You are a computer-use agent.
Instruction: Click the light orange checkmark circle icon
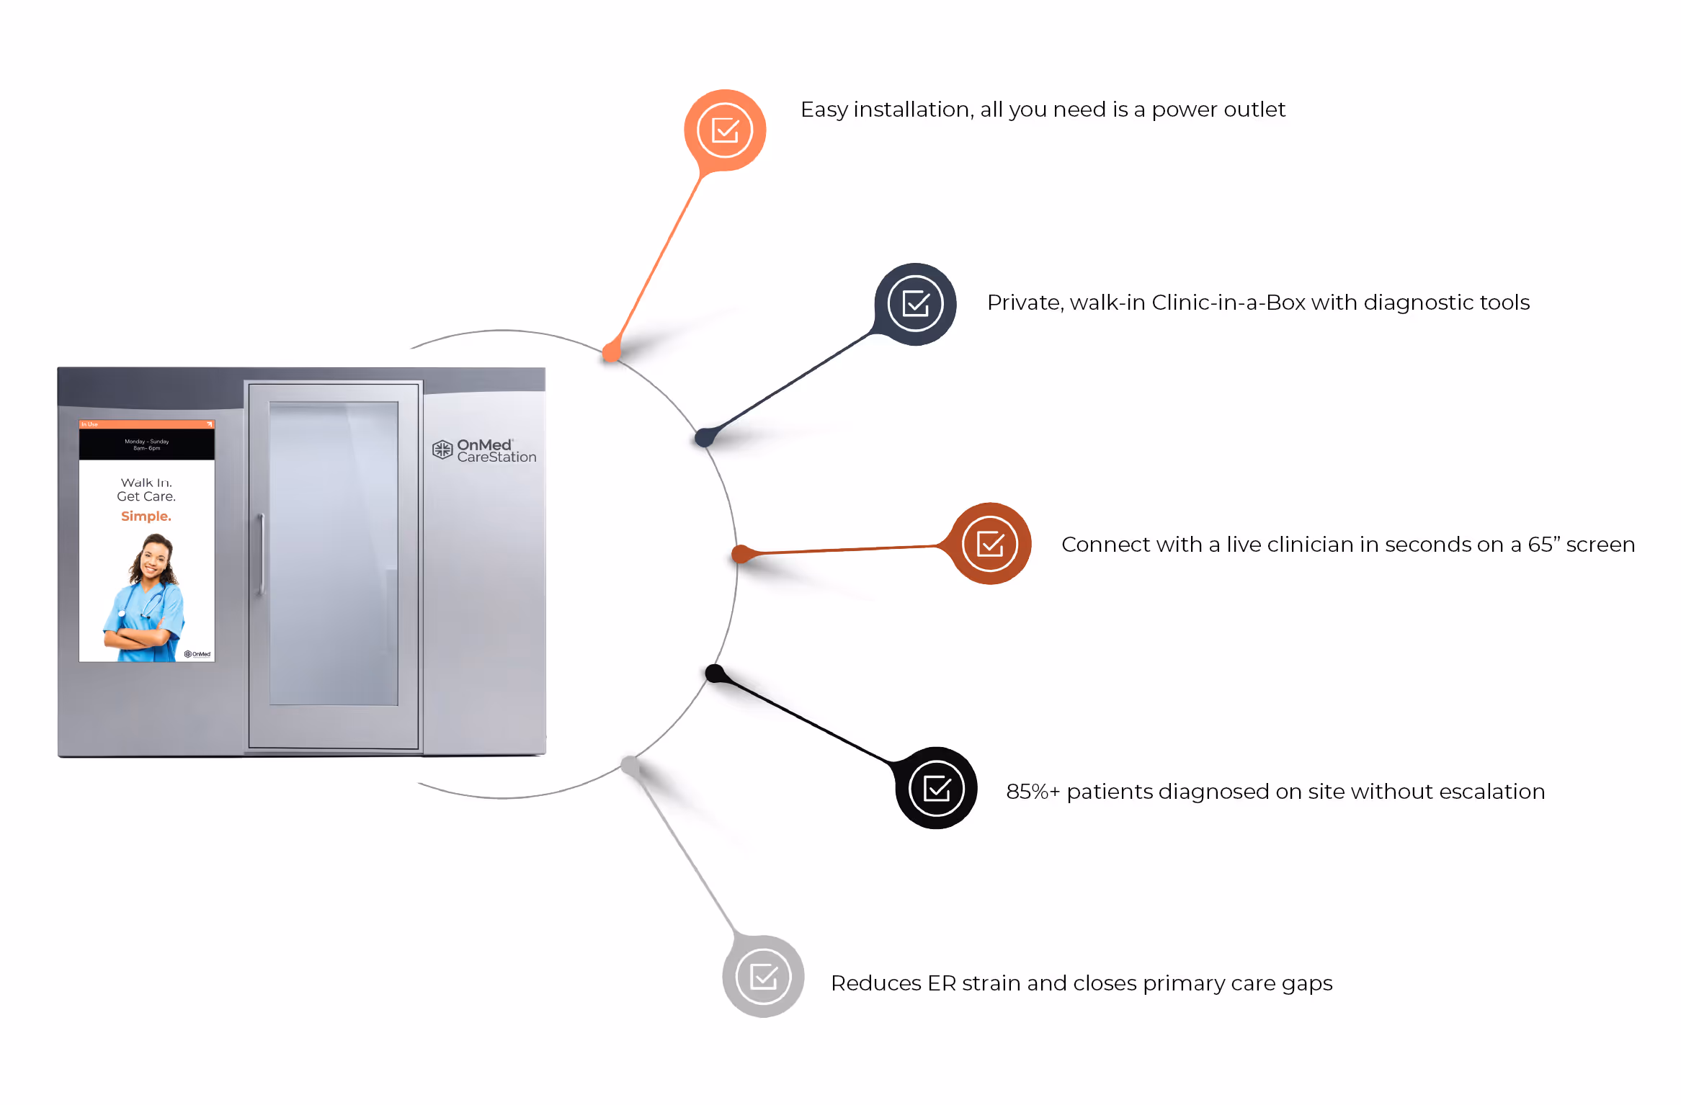pyautogui.click(x=725, y=130)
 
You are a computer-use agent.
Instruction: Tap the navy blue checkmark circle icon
pyautogui.click(x=915, y=304)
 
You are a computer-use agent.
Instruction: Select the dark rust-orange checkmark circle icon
pyautogui.click(x=990, y=544)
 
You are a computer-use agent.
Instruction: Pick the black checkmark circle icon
pyautogui.click(x=936, y=788)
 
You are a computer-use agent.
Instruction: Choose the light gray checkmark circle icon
pyautogui.click(x=763, y=977)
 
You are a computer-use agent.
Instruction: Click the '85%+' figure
pyautogui.click(x=1033, y=792)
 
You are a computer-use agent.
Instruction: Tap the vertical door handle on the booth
pyautogui.click(x=262, y=555)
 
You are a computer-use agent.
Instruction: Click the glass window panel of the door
pyautogui.click(x=334, y=553)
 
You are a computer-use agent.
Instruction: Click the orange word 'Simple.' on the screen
pyautogui.click(x=146, y=516)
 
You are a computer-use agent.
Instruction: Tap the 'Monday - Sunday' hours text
pyautogui.click(x=147, y=442)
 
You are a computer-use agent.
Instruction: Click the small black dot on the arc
pyautogui.click(x=714, y=674)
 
